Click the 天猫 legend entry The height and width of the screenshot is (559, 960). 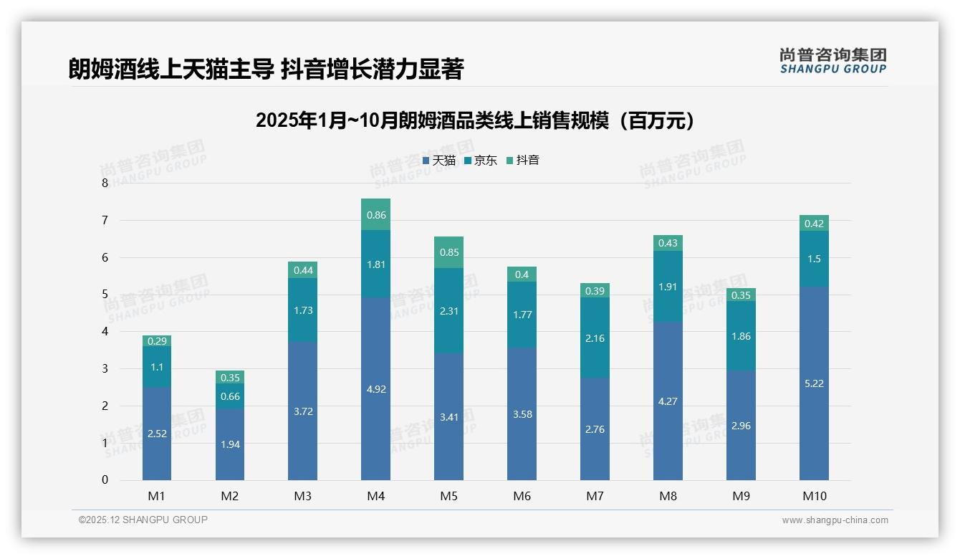(439, 161)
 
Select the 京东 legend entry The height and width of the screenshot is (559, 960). (481, 161)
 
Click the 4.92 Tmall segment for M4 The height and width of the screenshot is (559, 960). (375, 389)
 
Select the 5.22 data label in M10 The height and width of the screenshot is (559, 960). (814, 383)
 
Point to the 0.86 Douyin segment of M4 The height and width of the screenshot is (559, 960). (375, 214)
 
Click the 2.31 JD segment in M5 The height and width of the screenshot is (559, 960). (448, 310)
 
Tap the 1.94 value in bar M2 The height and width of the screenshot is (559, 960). (230, 444)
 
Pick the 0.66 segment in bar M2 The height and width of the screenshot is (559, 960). (230, 396)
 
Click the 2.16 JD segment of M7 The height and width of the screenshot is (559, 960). (595, 338)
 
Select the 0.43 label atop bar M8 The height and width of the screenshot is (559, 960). (668, 243)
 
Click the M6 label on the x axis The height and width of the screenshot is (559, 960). (522, 497)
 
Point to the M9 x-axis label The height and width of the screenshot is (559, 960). (741, 497)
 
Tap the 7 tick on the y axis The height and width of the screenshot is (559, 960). (105, 220)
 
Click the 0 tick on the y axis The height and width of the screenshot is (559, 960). (105, 480)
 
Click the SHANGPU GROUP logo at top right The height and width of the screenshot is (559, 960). (832, 61)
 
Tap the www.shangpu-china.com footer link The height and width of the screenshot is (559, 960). (835, 520)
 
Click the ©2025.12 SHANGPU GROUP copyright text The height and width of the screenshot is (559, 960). (143, 520)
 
